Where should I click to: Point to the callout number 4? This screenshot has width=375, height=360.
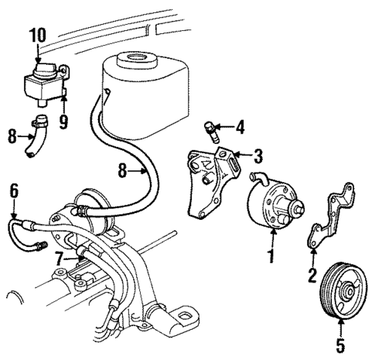click(x=240, y=126)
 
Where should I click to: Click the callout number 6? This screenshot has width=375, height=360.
click(x=13, y=188)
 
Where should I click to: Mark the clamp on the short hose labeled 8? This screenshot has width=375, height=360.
click(x=39, y=121)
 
